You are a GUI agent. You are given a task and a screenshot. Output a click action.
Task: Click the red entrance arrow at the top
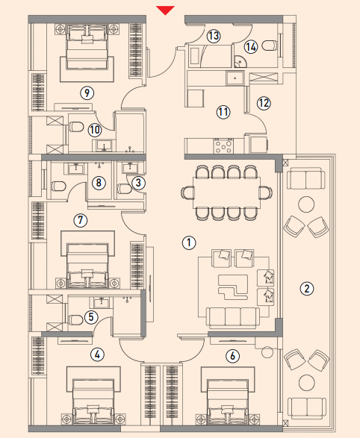(165, 10)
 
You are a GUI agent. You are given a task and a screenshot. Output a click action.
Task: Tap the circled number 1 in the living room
(189, 243)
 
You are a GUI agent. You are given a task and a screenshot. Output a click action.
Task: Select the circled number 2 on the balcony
(307, 288)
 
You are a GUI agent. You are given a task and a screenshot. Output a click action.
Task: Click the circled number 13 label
(214, 36)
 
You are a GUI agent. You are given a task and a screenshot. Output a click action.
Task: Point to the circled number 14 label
(251, 47)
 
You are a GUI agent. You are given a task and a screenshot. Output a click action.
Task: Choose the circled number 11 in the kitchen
(223, 112)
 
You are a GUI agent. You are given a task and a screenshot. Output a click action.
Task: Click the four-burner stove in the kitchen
(223, 146)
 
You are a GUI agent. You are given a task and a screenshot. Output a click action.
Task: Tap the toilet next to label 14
(270, 46)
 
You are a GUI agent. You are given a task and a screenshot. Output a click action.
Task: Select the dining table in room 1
(226, 193)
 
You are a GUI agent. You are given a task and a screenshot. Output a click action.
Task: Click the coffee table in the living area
(233, 287)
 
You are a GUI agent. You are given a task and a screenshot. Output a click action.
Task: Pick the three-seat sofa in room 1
(233, 317)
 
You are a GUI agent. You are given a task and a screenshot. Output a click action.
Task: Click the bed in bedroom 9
(87, 47)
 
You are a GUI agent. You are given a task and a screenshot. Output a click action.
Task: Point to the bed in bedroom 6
(228, 401)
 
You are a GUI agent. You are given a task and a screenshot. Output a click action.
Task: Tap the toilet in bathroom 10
(76, 127)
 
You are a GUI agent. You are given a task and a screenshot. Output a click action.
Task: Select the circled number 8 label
(99, 183)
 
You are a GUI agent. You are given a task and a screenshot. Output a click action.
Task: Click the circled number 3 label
(138, 183)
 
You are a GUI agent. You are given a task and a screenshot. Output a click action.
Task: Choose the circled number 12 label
(264, 103)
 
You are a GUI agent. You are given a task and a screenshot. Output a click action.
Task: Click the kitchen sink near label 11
(235, 78)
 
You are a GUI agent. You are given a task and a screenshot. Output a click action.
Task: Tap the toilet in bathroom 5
(75, 319)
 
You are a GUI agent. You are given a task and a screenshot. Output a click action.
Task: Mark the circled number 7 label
(81, 220)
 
